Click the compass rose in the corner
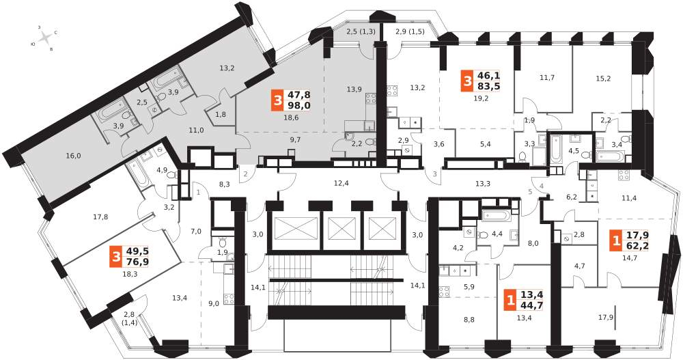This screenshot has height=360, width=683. tap(45, 38)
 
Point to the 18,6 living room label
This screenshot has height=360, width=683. tap(290, 117)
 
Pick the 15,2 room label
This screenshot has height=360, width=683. tap(603, 79)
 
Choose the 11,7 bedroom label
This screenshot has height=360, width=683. tap(547, 78)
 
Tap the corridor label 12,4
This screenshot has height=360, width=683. tap(341, 184)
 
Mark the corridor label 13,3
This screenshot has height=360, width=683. tap(482, 184)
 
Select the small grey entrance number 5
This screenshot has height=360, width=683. tap(530, 191)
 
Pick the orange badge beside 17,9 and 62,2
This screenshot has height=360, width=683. tap(616, 240)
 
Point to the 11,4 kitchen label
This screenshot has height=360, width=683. tap(630, 198)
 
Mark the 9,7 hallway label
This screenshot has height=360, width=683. tap(295, 139)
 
